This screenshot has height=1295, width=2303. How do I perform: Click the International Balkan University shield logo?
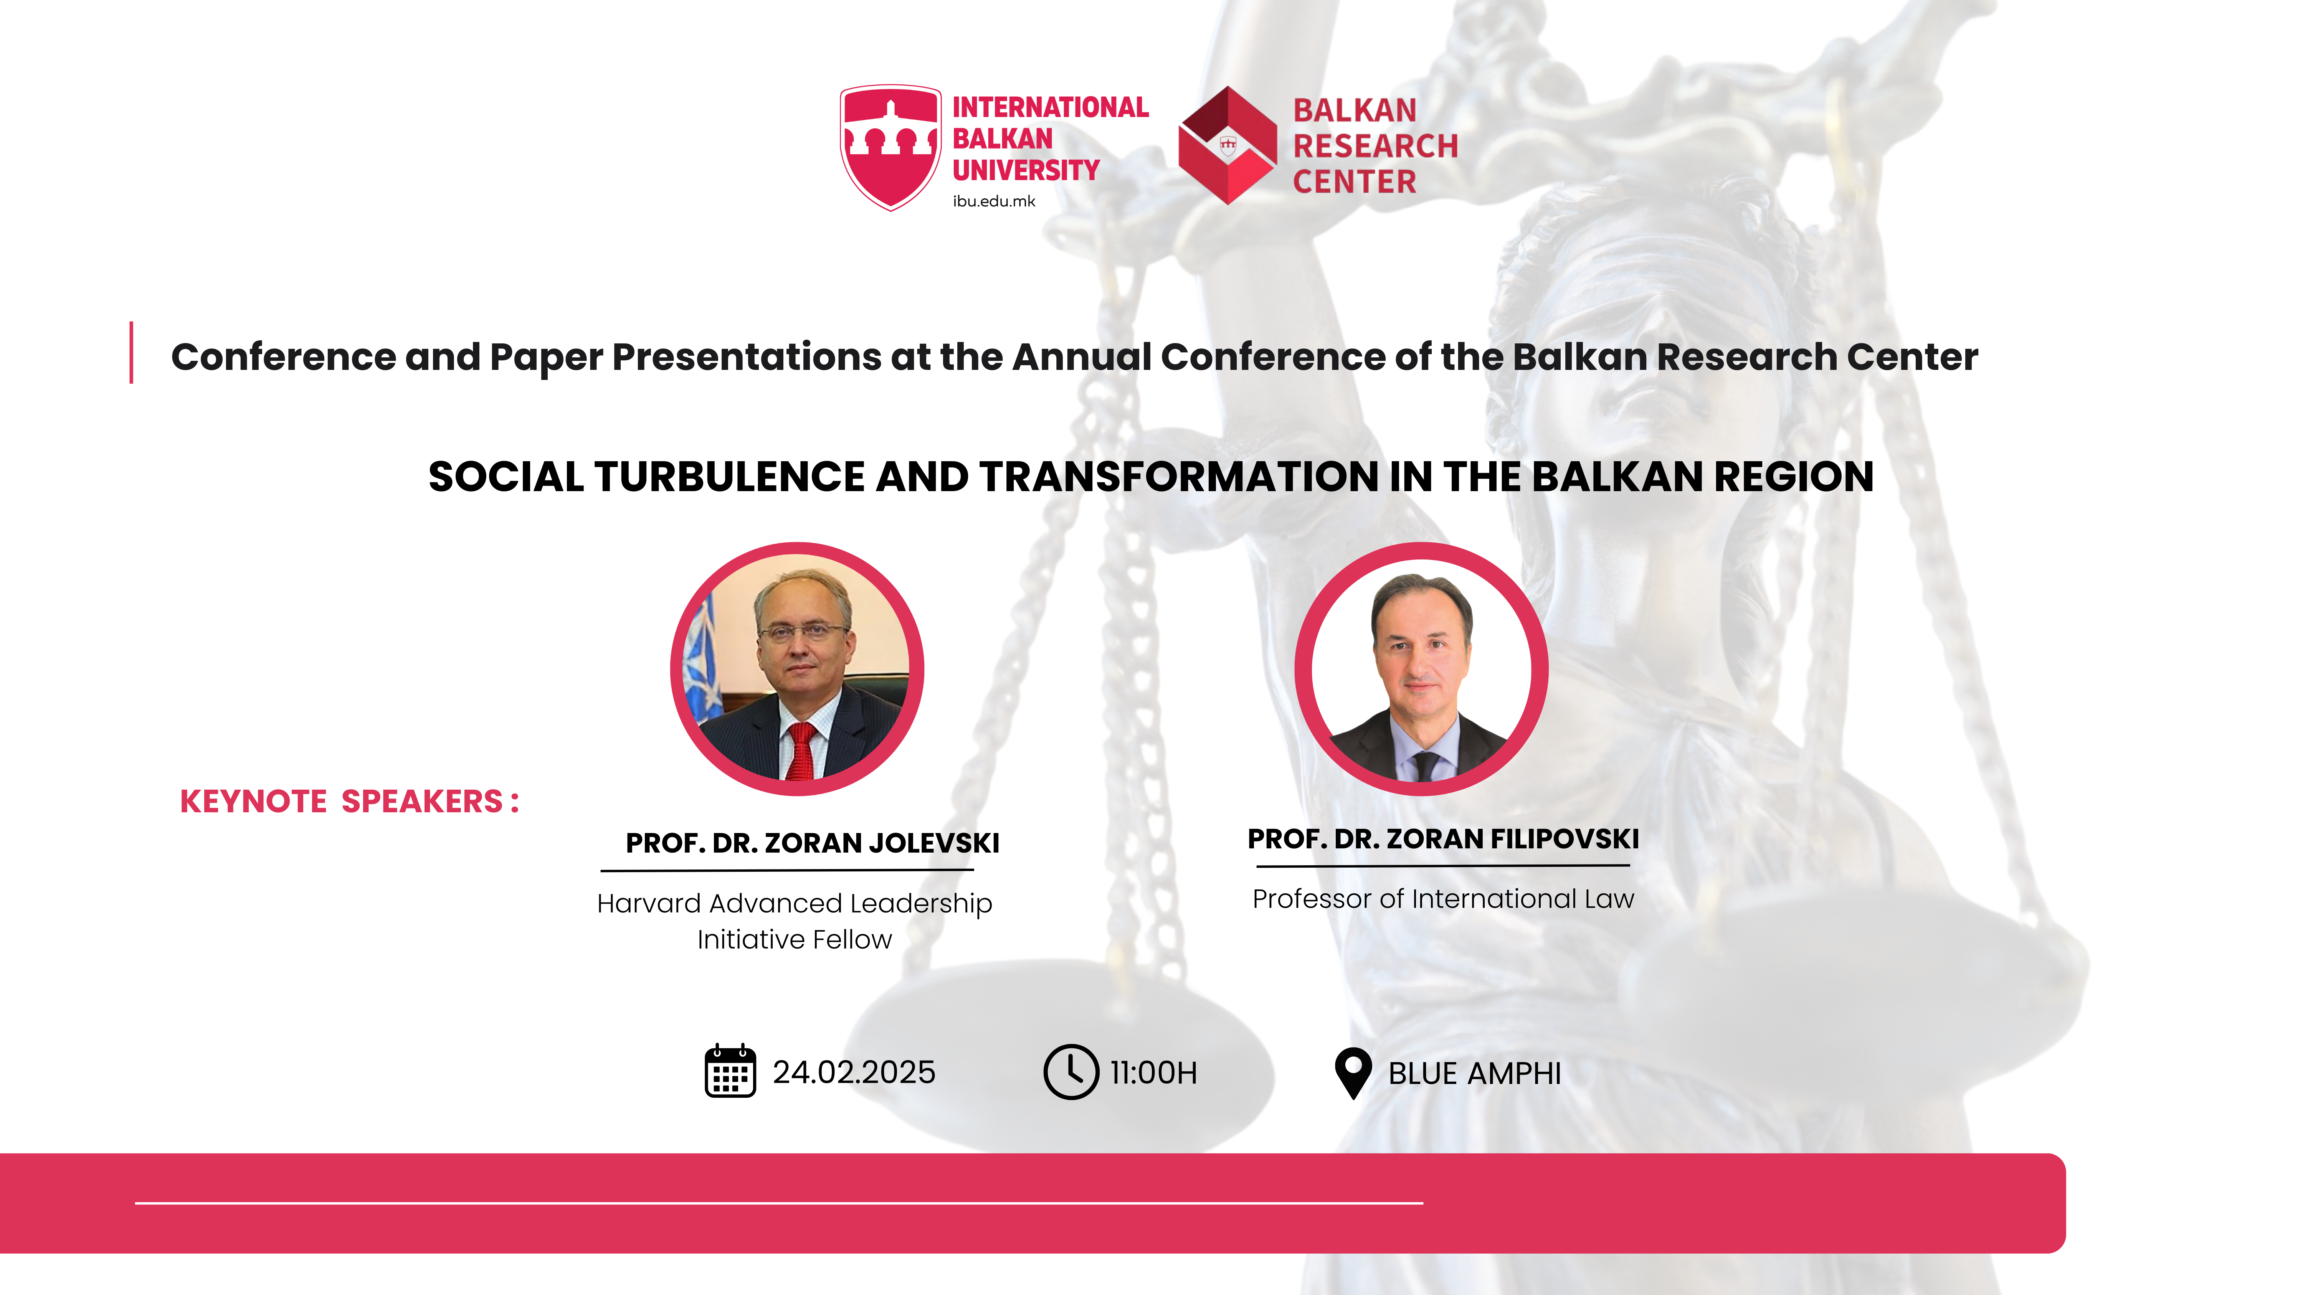click(890, 147)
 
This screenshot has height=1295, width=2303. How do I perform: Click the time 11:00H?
click(1153, 1072)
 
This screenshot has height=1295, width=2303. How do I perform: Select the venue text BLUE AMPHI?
click(1474, 1073)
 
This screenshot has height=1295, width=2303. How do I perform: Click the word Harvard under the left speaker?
click(649, 904)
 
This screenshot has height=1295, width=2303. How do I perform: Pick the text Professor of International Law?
click(1443, 898)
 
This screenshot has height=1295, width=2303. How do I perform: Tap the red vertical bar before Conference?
click(131, 352)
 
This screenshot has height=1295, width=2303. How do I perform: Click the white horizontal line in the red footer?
click(779, 1203)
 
